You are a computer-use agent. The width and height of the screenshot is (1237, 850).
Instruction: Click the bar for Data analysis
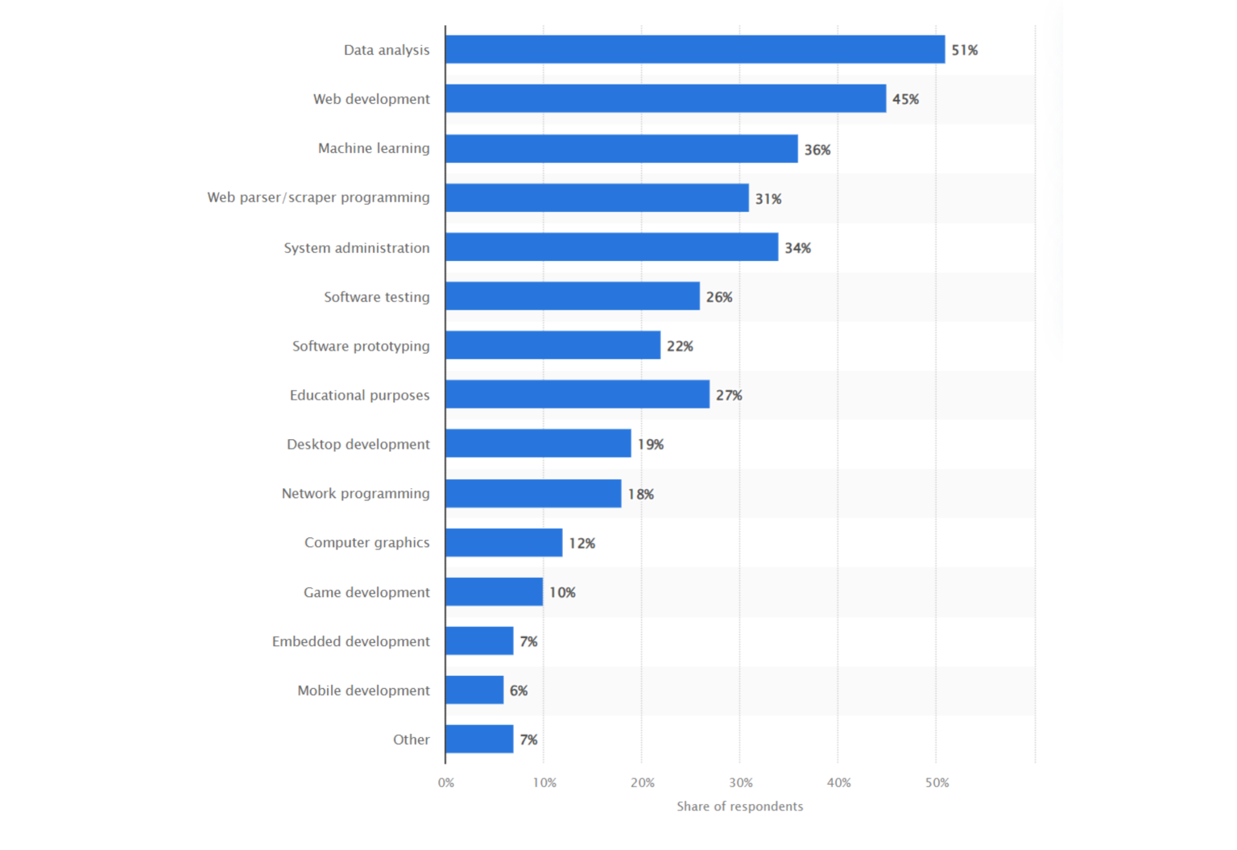tap(695, 49)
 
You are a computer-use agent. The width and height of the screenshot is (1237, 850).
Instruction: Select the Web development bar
tap(665, 98)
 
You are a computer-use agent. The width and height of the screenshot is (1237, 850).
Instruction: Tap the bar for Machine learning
tap(621, 148)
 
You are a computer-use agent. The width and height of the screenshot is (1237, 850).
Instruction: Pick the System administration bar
tap(611, 247)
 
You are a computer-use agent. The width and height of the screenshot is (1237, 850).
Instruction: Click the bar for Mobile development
tap(474, 690)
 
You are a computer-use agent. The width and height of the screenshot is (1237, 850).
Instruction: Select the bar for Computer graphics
tap(504, 542)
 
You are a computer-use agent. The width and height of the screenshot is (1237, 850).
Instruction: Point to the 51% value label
tap(964, 50)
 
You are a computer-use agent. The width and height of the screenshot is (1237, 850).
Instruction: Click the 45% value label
tap(905, 99)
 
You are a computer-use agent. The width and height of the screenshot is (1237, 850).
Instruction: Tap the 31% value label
tap(767, 198)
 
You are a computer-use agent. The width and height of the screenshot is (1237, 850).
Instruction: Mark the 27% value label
tap(729, 395)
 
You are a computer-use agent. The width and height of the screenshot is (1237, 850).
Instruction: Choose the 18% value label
tap(640, 494)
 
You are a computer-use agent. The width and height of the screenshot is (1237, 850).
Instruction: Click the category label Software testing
tap(376, 296)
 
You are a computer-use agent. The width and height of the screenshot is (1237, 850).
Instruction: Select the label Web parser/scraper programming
tap(318, 197)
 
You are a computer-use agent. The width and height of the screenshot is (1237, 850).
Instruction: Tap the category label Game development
tap(366, 592)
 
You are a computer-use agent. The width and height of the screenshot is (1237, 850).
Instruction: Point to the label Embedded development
tap(350, 641)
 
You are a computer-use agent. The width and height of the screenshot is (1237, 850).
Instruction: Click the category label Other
tap(411, 740)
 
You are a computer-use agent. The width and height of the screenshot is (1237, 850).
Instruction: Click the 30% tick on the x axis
tap(741, 782)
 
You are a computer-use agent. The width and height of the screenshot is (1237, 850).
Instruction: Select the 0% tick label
tap(446, 782)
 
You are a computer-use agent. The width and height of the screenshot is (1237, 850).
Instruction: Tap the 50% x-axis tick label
tap(937, 782)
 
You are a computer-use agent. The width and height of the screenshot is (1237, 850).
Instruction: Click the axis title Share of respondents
tap(739, 806)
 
